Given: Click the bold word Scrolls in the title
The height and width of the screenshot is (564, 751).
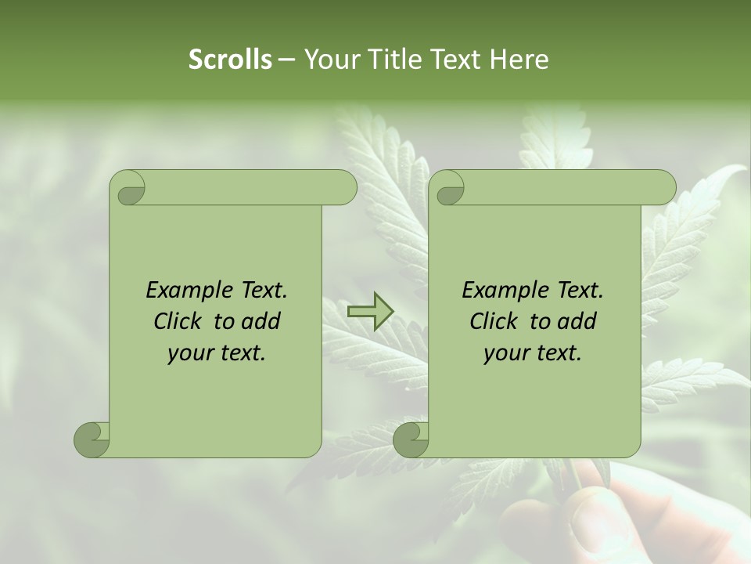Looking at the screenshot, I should [x=230, y=60].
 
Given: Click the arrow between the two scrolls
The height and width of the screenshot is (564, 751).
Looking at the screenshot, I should [x=370, y=312].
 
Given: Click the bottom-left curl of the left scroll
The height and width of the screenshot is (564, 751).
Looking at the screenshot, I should [x=92, y=439].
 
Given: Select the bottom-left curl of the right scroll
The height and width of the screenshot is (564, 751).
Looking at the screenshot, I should [x=411, y=439].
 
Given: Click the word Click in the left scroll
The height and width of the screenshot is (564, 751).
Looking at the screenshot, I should [x=178, y=321].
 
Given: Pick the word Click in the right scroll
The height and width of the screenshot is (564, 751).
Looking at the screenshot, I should [x=494, y=321].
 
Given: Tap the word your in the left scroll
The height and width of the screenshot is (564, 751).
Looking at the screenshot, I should [x=189, y=353].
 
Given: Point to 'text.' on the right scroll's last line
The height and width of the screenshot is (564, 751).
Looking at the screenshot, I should [x=559, y=353].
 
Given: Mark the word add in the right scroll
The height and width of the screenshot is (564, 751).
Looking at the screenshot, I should [x=578, y=321].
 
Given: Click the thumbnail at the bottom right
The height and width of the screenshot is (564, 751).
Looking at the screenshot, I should [x=595, y=517].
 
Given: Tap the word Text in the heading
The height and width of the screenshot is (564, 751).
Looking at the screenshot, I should [x=455, y=60].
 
